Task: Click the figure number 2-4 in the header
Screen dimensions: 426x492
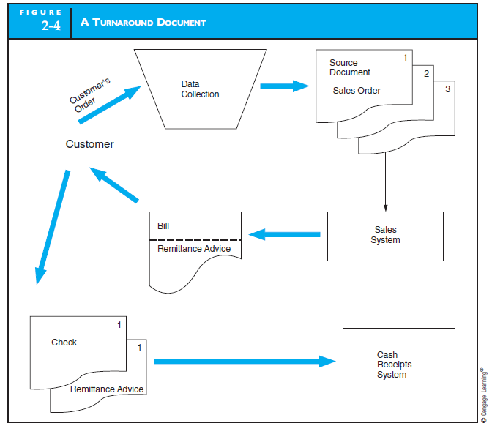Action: click(51, 29)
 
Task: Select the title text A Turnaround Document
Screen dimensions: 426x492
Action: click(149, 23)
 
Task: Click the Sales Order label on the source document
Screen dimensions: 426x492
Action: click(357, 91)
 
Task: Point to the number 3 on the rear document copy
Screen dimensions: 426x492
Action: click(447, 89)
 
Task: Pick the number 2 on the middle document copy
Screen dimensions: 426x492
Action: click(426, 73)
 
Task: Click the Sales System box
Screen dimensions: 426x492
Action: click(385, 236)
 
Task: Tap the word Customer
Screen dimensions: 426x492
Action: click(89, 144)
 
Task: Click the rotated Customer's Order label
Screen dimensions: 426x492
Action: click(91, 95)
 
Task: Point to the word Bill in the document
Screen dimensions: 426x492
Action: click(163, 226)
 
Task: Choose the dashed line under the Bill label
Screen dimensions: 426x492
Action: click(195, 239)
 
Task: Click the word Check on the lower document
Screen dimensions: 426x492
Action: click(64, 343)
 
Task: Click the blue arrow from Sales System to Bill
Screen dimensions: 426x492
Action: click(285, 235)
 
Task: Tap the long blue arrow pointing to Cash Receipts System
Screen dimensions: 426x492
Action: click(245, 361)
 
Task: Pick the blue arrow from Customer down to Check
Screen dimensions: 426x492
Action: click(53, 227)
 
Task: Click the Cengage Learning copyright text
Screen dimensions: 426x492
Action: click(482, 394)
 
